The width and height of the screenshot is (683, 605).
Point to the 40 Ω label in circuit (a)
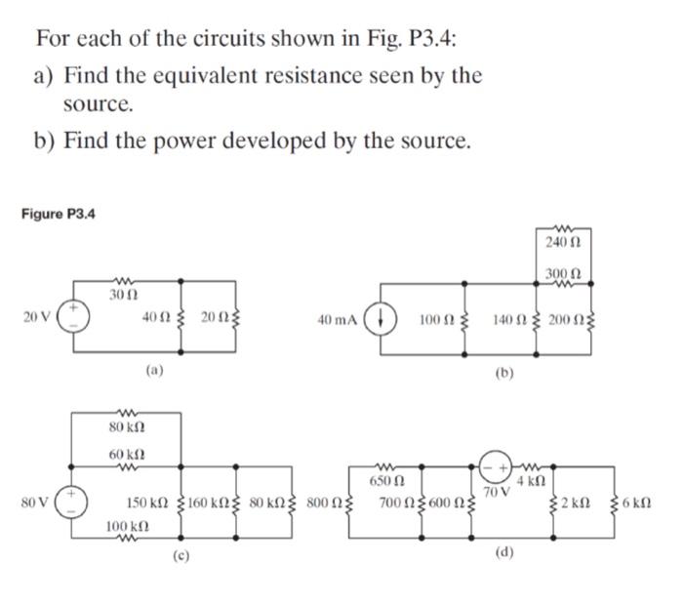155,317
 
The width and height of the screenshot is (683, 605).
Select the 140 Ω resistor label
510,317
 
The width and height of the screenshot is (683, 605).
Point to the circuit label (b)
503,372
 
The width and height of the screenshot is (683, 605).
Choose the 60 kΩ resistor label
124,455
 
